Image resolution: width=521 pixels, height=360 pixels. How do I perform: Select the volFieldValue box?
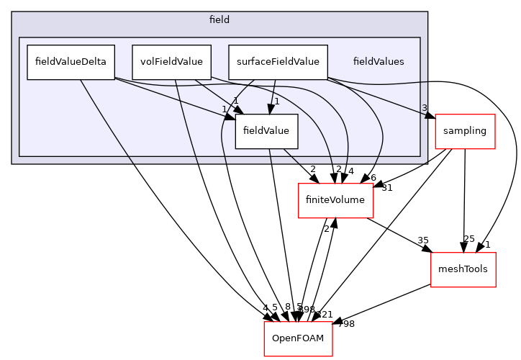pyautogui.click(x=171, y=62)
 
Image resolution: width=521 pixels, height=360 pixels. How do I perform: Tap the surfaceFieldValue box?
pyautogui.click(x=278, y=62)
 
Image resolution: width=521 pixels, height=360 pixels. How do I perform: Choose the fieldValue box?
pyautogui.click(x=266, y=131)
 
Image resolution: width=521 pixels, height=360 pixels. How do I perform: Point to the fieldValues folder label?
pyautogui.click(x=378, y=62)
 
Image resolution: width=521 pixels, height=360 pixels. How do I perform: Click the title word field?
pyautogui.click(x=219, y=20)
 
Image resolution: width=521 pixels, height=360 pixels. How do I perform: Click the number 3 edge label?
pyautogui.click(x=424, y=108)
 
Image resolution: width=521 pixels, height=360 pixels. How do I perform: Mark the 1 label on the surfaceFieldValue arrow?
pyautogui.click(x=276, y=102)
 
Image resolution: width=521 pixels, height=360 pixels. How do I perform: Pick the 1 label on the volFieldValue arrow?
pyautogui.click(x=235, y=101)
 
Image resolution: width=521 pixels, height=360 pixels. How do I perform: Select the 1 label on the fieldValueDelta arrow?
pyautogui.click(x=225, y=109)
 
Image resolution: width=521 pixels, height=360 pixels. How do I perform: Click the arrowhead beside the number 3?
pyautogui.click(x=430, y=115)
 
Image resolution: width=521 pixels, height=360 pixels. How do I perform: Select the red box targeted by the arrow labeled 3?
pyautogui.click(x=465, y=131)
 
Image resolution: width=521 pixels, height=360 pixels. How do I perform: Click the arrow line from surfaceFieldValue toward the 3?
pyautogui.click(x=374, y=96)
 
